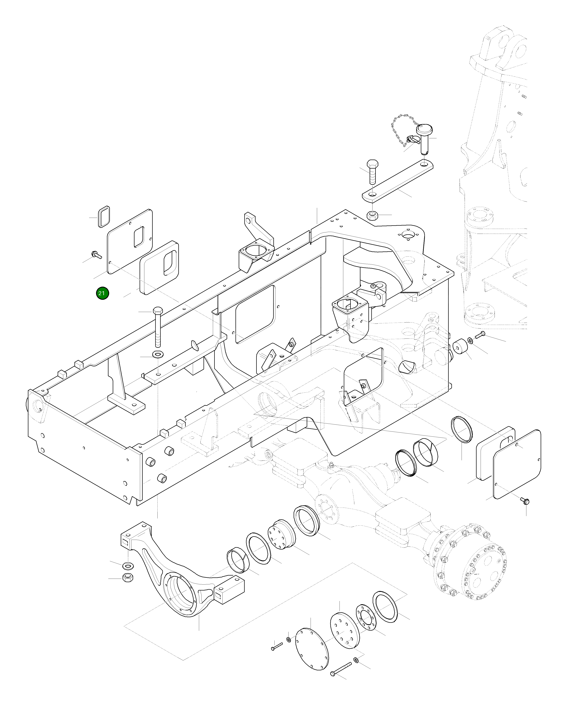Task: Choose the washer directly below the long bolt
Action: point(158,354)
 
